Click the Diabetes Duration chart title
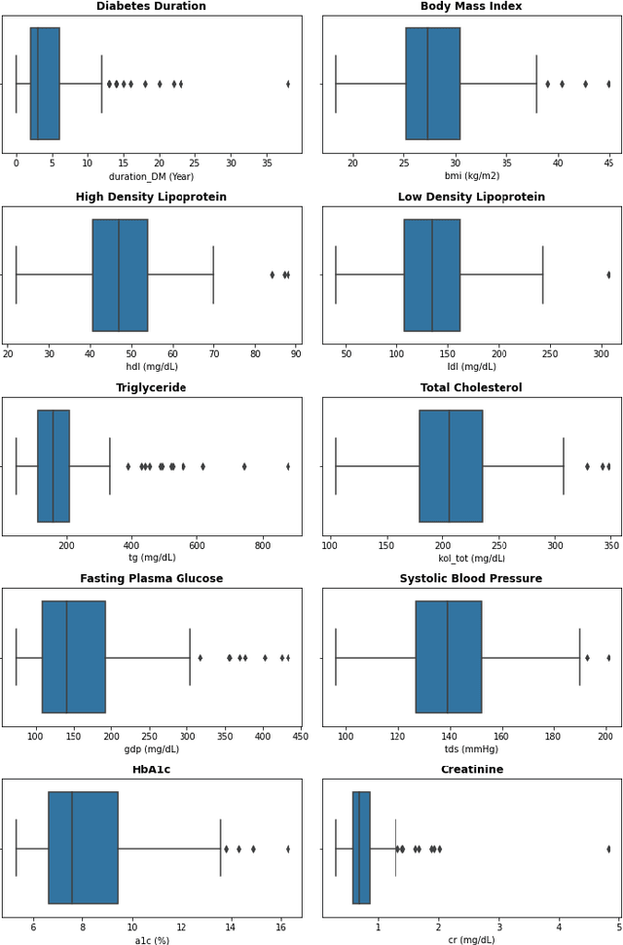pos(151,7)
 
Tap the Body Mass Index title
pos(471,7)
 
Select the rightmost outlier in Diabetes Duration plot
pos(288,84)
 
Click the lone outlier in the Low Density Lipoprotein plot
pos(608,274)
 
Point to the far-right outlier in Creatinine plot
pos(608,849)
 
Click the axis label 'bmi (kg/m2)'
pos(471,176)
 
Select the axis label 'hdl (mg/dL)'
pos(151,367)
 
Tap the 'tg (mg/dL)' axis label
pos(152,558)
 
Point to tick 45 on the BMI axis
pos(608,162)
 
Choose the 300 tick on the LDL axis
pos(602,352)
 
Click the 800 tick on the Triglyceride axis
pos(262,543)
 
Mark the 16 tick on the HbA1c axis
pos(281,926)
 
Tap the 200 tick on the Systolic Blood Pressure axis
pos(605,735)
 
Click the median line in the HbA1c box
pos(72,849)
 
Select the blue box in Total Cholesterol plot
pos(451,466)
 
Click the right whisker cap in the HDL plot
pos(213,274)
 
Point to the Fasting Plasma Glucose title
pos(151,579)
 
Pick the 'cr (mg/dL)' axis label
pos(471,940)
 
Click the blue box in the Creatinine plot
pos(361,849)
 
